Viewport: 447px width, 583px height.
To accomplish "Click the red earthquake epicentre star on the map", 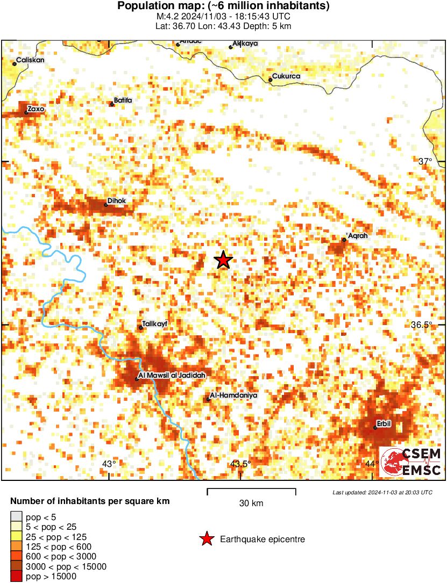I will point(223,260).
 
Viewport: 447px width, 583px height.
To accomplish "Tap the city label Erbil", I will point(384,423).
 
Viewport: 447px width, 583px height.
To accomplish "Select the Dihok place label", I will point(117,201).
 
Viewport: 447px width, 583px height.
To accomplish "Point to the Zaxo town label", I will point(36,109).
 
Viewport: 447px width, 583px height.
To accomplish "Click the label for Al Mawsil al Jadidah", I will point(168,375).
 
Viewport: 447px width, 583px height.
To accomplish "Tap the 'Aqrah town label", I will point(357,236).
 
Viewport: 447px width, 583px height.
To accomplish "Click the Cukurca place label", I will point(286,76).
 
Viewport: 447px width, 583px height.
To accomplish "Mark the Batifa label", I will point(123,100).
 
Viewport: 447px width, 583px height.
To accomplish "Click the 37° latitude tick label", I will point(425,161).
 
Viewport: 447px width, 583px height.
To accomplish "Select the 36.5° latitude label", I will point(422,325).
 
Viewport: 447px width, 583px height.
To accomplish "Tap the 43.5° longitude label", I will point(240,464).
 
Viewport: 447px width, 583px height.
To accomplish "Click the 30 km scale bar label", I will point(251,503).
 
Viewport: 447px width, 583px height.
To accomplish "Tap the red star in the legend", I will point(206,539).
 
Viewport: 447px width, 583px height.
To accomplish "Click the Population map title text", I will point(223,6).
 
